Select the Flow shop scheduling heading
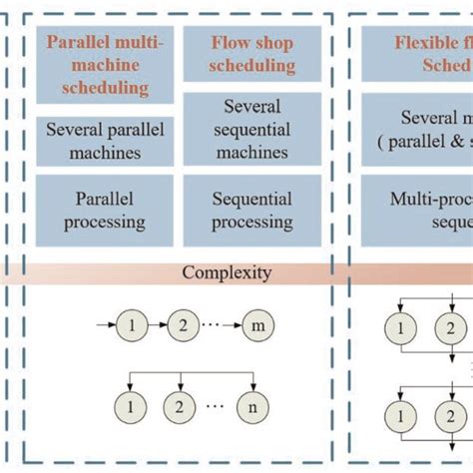tap(252, 55)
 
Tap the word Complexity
tap(226, 271)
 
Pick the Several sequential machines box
tap(252, 129)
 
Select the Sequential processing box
tap(252, 208)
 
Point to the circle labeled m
tap(253, 325)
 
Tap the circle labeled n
tap(253, 408)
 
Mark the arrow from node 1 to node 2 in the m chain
tap(156, 325)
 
